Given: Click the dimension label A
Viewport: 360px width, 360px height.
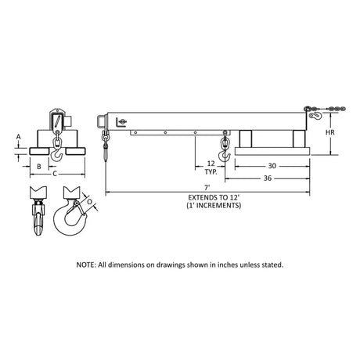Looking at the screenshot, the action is click(x=18, y=137).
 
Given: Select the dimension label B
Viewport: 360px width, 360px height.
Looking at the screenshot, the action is click(x=39, y=167).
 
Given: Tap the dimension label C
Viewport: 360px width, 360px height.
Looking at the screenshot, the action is click(x=55, y=174).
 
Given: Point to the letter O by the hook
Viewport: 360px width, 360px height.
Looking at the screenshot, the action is click(x=89, y=202).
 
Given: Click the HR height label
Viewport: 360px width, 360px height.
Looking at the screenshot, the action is click(x=330, y=132).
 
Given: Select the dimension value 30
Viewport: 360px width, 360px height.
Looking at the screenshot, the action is click(x=272, y=166).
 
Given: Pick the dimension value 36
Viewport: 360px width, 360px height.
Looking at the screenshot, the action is click(x=268, y=178).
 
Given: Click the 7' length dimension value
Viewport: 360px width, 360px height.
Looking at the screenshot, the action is click(x=207, y=187).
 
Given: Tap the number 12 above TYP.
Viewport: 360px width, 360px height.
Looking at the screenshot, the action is click(x=211, y=164).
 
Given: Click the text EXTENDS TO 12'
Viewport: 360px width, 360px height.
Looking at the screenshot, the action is click(x=214, y=197).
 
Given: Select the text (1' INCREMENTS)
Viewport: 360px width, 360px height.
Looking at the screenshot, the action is click(x=214, y=206).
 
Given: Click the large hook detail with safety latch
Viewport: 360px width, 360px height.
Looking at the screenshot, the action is click(x=70, y=211).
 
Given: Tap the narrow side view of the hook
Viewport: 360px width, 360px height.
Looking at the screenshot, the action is click(x=38, y=211).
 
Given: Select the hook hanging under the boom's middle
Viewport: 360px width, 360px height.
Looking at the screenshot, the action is click(x=225, y=146).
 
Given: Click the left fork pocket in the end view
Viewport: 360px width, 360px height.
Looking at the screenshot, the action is click(x=39, y=151).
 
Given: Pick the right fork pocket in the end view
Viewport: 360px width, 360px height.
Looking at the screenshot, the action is click(x=75, y=151).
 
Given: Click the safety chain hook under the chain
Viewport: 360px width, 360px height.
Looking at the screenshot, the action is click(x=316, y=117).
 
